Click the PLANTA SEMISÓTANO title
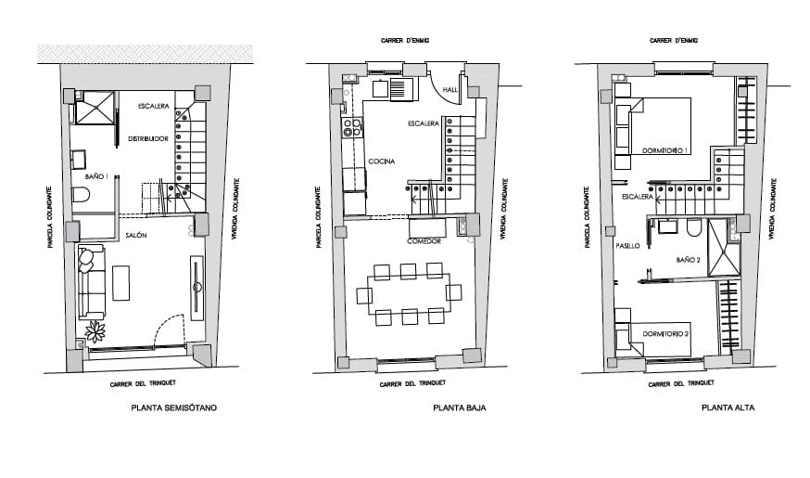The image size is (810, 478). [174, 407]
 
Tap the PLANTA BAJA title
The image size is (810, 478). [459, 407]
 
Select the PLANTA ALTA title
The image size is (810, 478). [728, 407]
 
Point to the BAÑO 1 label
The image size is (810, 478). [96, 175]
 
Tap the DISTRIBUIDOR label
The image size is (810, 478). [147, 139]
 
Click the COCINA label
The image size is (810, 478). [381, 161]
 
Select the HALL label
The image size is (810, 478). [450, 90]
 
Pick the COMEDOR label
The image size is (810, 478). [424, 241]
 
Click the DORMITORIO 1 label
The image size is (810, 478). [664, 150]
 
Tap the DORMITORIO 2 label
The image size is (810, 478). [664, 332]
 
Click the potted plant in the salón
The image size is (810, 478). [95, 330]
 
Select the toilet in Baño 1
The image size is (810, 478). [81, 196]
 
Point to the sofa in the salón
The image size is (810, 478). [90, 281]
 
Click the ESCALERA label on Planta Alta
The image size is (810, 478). [639, 197]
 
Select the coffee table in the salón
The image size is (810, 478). [120, 282]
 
